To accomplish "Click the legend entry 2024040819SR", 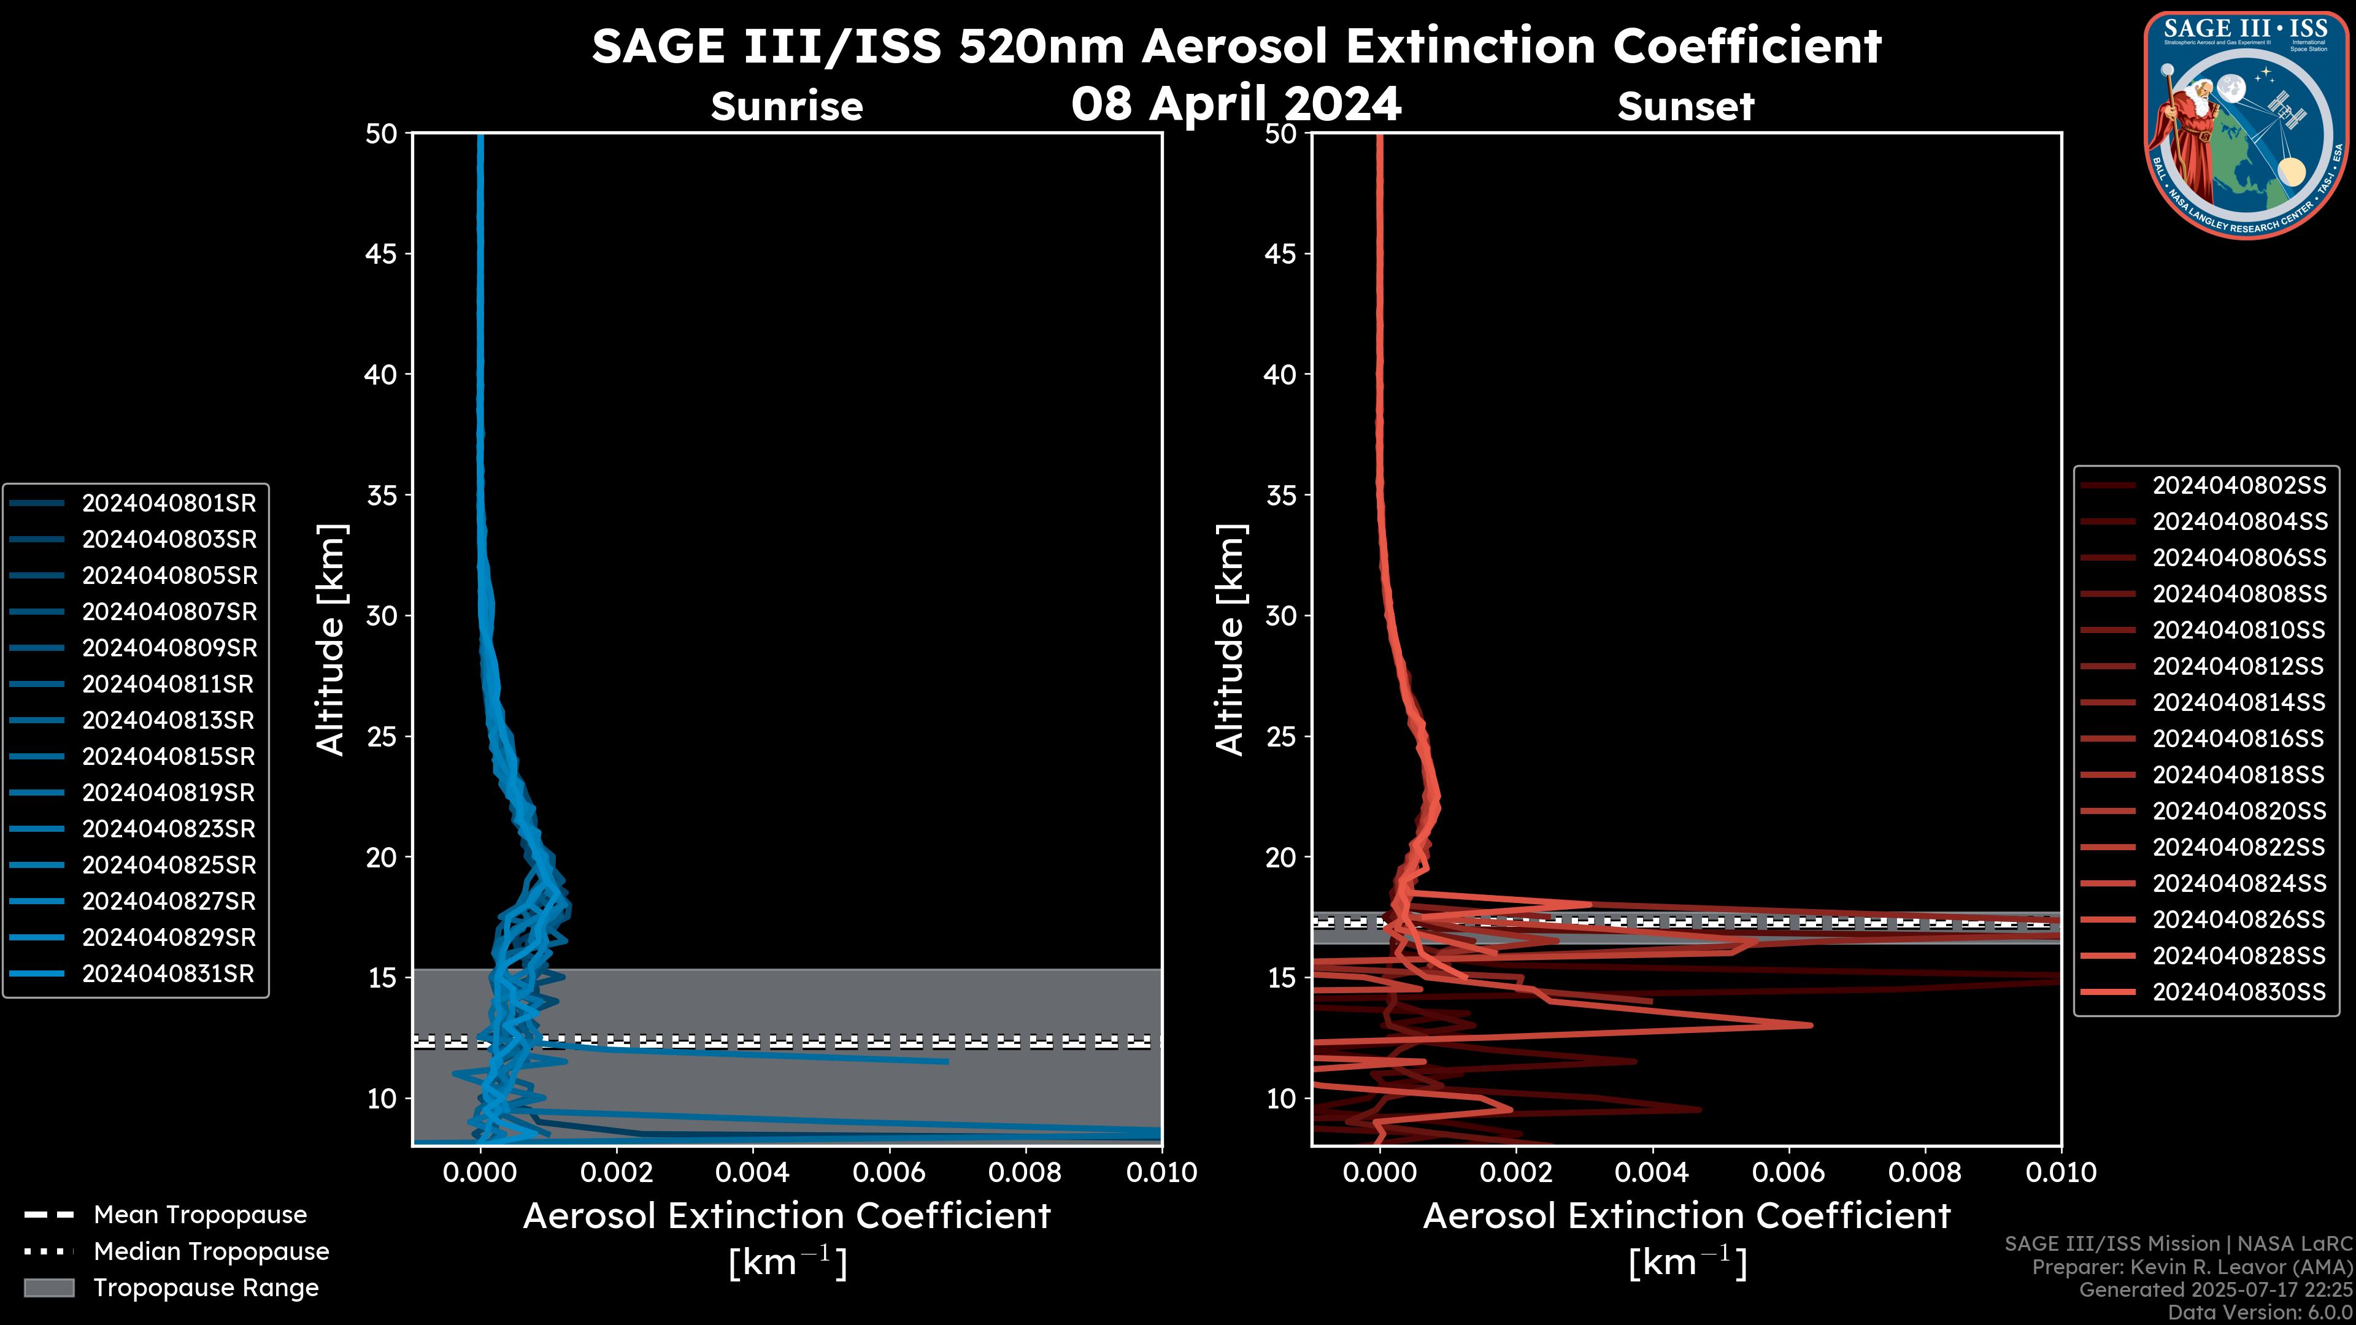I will click(168, 793).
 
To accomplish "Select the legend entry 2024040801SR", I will click(168, 503).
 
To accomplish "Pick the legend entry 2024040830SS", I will click(2238, 992).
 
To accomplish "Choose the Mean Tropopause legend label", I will click(200, 1215).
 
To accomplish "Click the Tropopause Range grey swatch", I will click(48, 1288).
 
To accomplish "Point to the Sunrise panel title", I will click(787, 107).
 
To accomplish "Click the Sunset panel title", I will click(1685, 107).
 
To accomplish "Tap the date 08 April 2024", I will click(1236, 103).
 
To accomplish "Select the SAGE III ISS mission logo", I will click(2246, 123).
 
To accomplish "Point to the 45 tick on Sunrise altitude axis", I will click(382, 254).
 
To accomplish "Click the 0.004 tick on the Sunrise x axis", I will click(752, 1172).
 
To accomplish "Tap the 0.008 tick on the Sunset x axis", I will click(1925, 1172).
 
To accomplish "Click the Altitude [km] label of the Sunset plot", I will click(1230, 640).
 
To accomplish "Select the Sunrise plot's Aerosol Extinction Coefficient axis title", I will click(787, 1216).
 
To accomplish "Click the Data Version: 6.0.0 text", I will click(2259, 1312).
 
